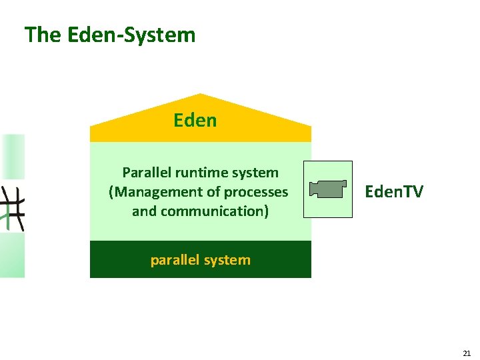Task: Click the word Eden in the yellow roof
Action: [x=195, y=120]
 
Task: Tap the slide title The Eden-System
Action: [x=110, y=35]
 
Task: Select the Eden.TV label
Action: [x=393, y=192]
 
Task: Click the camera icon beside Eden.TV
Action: [x=327, y=189]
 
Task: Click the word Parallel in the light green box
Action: [x=147, y=173]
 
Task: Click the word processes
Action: [x=256, y=192]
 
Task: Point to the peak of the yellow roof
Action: [x=201, y=95]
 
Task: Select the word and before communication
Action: [x=143, y=211]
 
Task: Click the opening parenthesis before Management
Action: [x=111, y=192]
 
